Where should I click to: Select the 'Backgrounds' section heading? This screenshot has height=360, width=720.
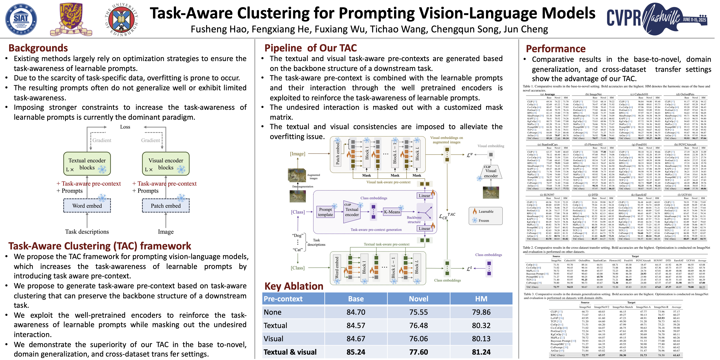point(38,48)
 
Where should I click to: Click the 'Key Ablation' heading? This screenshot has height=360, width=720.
point(294,286)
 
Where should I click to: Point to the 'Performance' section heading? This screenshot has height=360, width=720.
point(556,49)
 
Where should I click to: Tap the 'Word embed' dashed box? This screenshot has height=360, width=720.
point(87,206)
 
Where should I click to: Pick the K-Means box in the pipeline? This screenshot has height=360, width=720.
point(392,212)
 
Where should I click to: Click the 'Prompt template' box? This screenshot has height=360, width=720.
point(325,212)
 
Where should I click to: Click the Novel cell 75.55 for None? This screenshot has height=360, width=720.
point(418,312)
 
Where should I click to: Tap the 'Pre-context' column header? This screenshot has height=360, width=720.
point(283,299)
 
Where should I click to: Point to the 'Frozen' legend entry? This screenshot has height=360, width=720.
point(484,220)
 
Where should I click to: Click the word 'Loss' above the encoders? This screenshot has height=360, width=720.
point(125,127)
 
